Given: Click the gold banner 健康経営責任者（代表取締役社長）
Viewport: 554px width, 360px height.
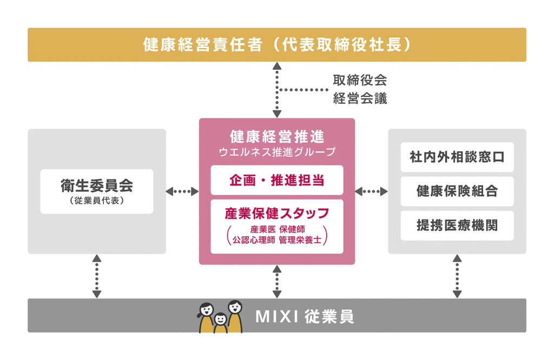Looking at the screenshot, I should tap(277, 45).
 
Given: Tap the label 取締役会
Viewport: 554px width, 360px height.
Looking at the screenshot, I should tap(360, 81).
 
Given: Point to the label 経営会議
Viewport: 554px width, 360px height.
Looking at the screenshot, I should tap(360, 99).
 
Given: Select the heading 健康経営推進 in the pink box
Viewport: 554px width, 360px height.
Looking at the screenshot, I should tap(277, 136).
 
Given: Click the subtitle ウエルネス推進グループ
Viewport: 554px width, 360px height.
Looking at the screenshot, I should tap(277, 152).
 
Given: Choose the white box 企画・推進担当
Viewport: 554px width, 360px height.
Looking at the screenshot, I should tap(277, 180).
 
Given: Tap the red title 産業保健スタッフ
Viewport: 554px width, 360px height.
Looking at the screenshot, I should tap(277, 212).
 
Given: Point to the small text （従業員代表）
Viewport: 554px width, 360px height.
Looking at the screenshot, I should tap(97, 200).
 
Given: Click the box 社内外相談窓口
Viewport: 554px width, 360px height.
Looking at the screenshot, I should tap(457, 157).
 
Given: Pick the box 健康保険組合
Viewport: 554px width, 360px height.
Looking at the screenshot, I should tap(457, 191).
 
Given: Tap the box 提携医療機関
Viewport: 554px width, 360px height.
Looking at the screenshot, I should tap(457, 225).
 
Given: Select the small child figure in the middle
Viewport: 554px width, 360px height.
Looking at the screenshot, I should tap(220, 322).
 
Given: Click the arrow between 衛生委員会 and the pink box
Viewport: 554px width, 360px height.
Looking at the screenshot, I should tap(182, 191).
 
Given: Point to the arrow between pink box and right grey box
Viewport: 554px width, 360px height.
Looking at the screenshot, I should tap(372, 191).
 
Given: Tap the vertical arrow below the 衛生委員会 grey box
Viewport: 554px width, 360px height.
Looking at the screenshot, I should tap(97, 276).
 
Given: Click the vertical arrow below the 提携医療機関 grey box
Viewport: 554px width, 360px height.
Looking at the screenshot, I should tap(457, 276).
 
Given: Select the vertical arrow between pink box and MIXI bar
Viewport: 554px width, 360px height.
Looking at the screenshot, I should tap(277, 282).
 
